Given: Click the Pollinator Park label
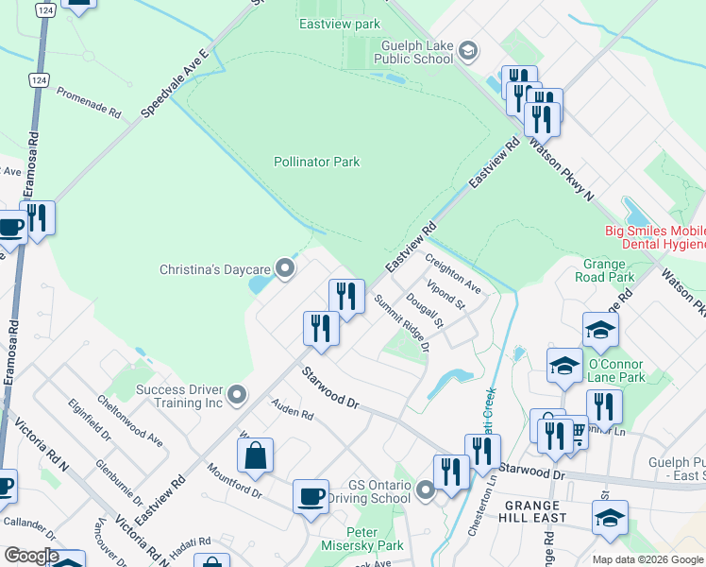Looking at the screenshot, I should pos(317,162).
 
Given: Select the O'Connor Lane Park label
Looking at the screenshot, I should pos(615,371).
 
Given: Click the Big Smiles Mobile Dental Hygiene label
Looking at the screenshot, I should pos(655,237).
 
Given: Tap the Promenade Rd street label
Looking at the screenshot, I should pos(89,102).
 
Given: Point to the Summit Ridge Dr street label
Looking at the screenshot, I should pos(401,322).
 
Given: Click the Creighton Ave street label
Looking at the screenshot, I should pos(453,272).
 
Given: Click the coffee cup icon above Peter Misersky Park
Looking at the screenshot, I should pos(311,496).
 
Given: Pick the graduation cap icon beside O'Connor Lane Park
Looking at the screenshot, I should pos(564,366).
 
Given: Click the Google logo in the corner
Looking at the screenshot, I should pos(30,556).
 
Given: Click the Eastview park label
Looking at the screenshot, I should pos(339,23).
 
